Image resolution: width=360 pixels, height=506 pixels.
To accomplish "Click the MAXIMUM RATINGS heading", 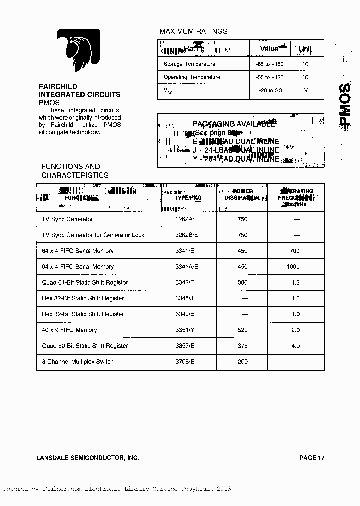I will point(193,31).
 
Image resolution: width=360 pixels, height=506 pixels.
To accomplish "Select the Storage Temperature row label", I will point(189,64).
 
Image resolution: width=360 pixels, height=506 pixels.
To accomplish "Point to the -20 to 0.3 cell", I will point(270,90).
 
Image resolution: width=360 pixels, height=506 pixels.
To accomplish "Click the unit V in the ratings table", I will point(306,90).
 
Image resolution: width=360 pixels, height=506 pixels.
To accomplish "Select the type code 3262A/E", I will point(187,219).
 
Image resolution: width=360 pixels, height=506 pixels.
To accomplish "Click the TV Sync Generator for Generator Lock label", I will point(93,235).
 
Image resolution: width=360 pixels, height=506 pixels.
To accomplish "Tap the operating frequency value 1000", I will point(293,267).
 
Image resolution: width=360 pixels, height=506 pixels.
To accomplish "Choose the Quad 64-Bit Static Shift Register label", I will point(85,282).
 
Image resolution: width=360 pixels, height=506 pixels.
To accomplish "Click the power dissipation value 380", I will point(242,282).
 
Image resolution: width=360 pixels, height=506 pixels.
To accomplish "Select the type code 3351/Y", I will point(185,330).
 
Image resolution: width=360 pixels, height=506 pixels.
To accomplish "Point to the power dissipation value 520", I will point(242,330).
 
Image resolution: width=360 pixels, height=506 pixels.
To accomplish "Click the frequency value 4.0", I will point(295,346).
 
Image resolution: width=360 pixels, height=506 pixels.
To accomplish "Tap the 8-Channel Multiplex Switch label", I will point(78,361).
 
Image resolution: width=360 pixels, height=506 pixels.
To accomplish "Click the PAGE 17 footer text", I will point(312,458).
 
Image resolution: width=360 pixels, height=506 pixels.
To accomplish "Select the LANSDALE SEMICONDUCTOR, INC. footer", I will point(88,458).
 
